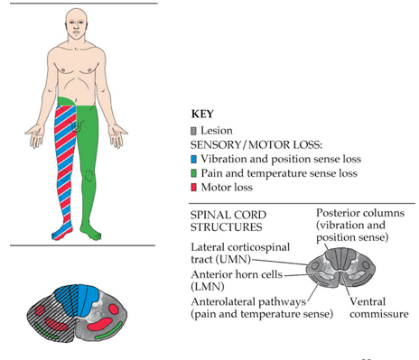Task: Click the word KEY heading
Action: pos(206,115)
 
